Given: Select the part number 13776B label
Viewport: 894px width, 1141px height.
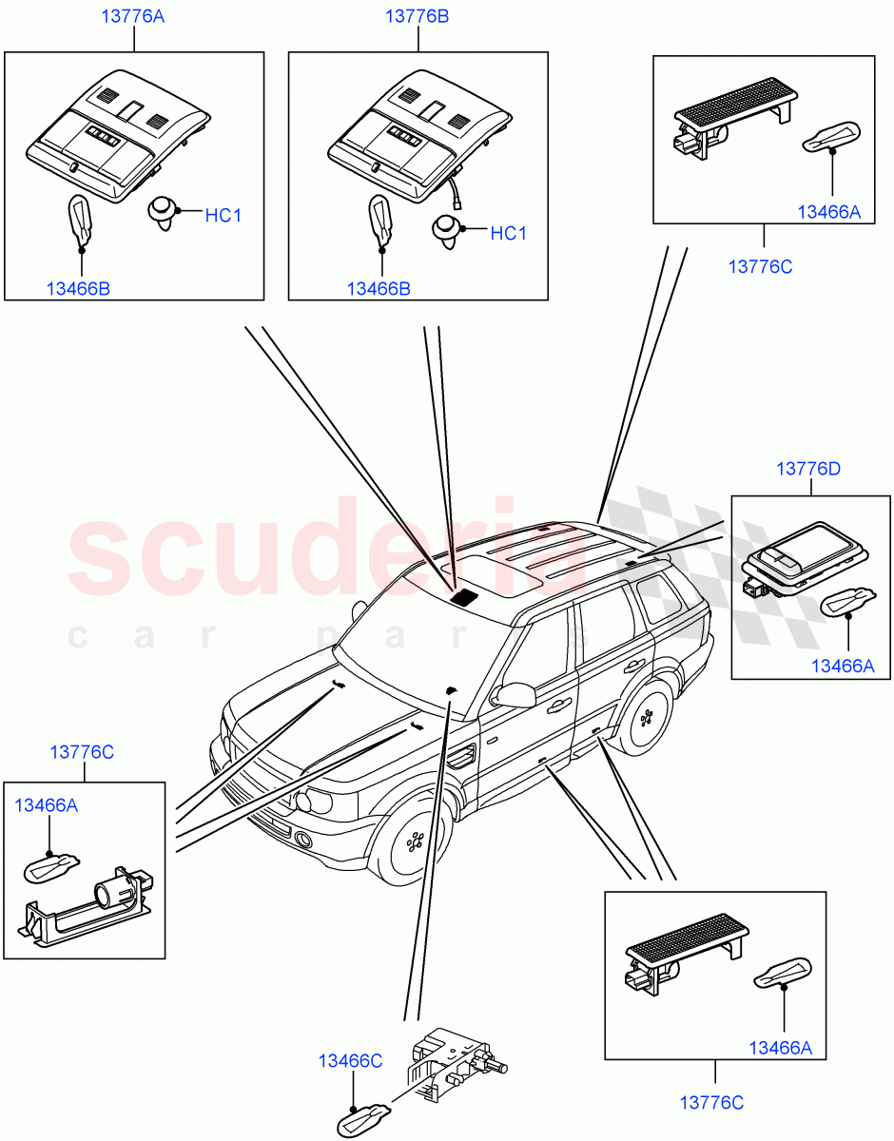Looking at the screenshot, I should click(x=417, y=17).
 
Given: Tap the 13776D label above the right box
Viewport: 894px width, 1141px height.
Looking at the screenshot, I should click(x=808, y=469).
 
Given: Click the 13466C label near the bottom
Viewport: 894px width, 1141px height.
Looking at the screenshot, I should click(x=350, y=1061).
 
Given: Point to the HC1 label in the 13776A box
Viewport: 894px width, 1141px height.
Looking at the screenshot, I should click(x=223, y=216).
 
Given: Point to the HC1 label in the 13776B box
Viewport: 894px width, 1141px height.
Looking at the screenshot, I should click(x=508, y=233).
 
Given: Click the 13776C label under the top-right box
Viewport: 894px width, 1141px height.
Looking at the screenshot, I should click(x=760, y=267).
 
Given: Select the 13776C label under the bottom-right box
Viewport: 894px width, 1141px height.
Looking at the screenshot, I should click(x=711, y=1103).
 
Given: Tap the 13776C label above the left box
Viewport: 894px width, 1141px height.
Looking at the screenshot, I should click(x=82, y=752).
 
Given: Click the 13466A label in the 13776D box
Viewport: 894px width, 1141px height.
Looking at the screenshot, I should click(x=842, y=667).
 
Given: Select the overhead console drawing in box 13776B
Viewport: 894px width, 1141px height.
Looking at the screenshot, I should click(x=414, y=138).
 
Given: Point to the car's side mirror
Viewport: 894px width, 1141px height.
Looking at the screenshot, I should click(x=515, y=694).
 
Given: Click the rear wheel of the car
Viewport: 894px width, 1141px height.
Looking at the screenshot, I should click(x=650, y=718).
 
